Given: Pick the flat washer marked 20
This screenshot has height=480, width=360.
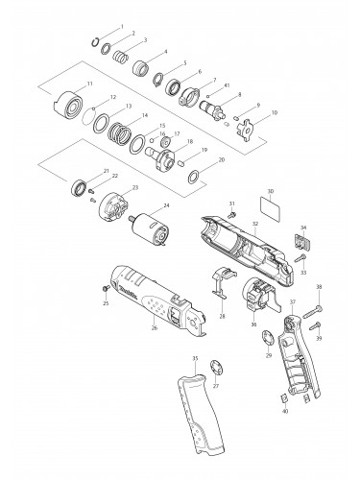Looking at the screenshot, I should (193, 175).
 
